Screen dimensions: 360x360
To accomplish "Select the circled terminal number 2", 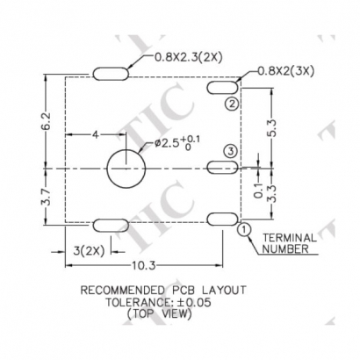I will click(230, 104).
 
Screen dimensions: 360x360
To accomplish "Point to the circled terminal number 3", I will click(230, 152).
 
